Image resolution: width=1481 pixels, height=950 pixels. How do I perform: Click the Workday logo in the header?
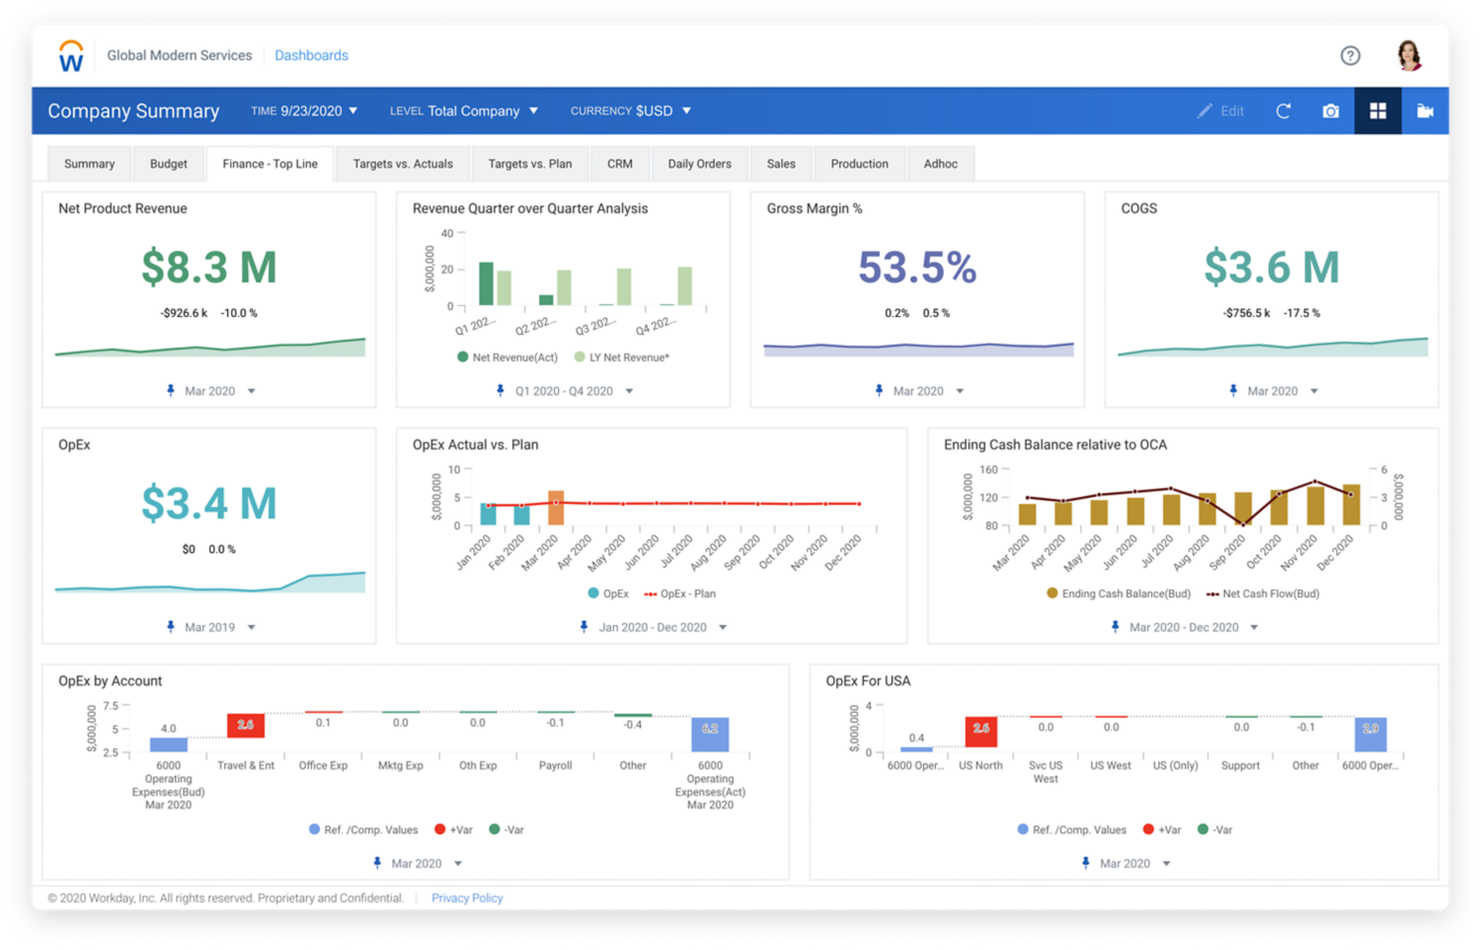click(71, 56)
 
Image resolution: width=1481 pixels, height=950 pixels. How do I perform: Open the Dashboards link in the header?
click(311, 55)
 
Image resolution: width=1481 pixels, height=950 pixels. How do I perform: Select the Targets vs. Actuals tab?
click(403, 164)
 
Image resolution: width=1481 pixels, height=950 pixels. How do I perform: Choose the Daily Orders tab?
click(699, 164)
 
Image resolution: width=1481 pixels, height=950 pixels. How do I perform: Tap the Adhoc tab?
click(940, 164)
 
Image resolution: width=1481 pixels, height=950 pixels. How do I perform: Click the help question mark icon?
click(1350, 55)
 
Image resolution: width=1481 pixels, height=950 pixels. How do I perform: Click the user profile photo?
click(1409, 55)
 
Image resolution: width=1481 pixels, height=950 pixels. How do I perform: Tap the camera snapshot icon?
click(1330, 112)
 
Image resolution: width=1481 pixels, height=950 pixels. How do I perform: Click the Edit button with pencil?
click(1221, 112)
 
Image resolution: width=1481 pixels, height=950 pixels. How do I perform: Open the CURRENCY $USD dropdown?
click(631, 112)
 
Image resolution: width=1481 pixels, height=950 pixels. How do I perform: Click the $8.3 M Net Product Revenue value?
click(208, 268)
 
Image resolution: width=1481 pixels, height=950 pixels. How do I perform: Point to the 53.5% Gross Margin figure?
click(916, 268)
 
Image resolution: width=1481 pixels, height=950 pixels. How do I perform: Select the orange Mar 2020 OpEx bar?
click(556, 507)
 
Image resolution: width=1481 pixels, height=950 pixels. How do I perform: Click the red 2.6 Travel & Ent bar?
click(246, 725)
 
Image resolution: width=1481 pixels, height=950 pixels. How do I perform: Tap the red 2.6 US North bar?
click(980, 731)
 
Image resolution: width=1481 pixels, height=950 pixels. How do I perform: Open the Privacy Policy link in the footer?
click(467, 899)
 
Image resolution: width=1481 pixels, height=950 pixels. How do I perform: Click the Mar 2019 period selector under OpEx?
click(210, 627)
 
